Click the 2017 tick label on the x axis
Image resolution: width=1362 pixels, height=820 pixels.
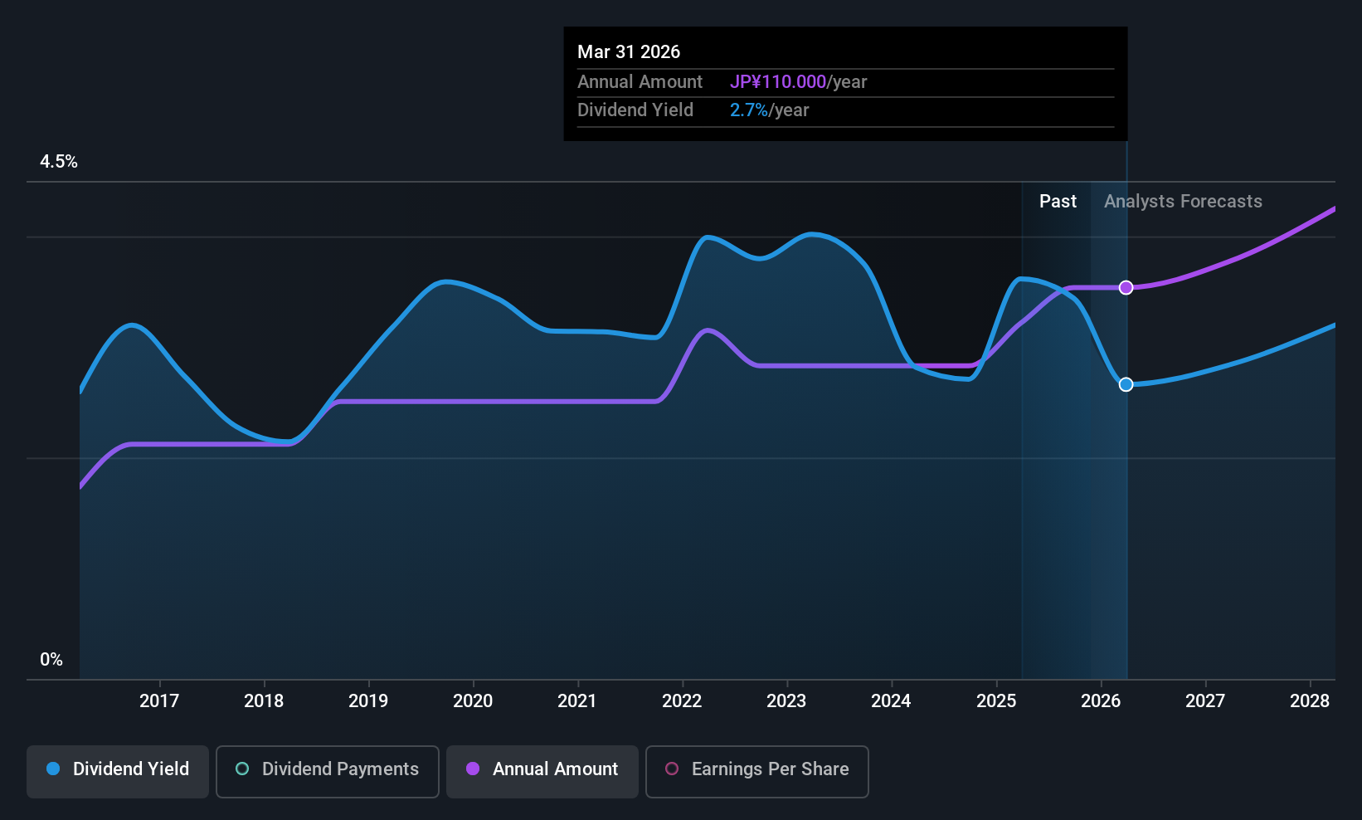pos(159,701)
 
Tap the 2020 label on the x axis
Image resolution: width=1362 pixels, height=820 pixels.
pos(473,701)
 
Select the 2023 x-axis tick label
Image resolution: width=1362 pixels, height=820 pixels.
pos(786,701)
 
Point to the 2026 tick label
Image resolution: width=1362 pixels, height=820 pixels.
pos(1101,701)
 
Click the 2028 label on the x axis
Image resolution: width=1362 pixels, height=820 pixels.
pos(1310,701)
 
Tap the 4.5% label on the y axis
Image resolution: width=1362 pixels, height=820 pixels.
pos(59,162)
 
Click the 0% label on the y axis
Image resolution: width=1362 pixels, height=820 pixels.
pos(51,660)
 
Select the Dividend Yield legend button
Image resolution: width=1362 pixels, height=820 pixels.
pos(118,769)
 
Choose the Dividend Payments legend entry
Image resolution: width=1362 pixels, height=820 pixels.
pos(328,769)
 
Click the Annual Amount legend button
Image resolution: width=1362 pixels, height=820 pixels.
pos(542,769)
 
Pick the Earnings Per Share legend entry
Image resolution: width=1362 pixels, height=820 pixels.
pos(757,769)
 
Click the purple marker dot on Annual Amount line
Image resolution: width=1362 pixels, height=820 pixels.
pos(1126,288)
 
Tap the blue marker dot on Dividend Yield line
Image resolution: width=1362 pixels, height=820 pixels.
pos(1126,384)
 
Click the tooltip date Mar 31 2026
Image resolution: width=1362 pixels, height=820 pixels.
pos(629,52)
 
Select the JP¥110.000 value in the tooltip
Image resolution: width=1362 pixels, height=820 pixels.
pos(777,82)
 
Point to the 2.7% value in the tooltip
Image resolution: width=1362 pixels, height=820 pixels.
pos(748,110)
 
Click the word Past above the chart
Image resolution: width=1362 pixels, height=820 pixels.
pos(1058,202)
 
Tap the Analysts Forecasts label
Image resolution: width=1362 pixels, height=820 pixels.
pos(1183,202)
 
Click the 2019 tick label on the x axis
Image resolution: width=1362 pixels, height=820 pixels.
pos(368,701)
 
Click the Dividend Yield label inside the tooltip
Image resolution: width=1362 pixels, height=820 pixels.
pos(635,110)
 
